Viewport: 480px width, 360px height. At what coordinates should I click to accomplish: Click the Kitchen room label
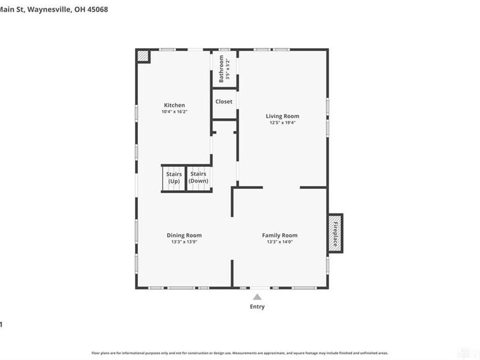[x=174, y=105]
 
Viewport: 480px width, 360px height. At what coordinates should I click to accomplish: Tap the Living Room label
[x=282, y=116]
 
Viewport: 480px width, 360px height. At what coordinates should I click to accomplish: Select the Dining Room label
[x=184, y=235]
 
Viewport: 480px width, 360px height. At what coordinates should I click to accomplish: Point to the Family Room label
[x=280, y=235]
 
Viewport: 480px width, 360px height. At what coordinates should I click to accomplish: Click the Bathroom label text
[x=221, y=69]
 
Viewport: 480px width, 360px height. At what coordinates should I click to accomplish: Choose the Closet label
[x=224, y=101]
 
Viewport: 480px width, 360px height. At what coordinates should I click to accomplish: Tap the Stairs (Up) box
[x=174, y=178]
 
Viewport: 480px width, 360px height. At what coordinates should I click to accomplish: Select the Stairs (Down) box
[x=199, y=178]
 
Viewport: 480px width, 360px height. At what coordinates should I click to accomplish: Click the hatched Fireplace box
[x=335, y=232]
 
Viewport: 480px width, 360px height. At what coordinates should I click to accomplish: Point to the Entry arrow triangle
[x=257, y=296]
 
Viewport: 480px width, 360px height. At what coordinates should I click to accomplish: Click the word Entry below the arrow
[x=257, y=307]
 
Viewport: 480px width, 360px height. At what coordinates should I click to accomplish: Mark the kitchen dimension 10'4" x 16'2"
[x=174, y=112]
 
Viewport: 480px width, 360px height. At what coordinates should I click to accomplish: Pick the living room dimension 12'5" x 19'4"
[x=282, y=122]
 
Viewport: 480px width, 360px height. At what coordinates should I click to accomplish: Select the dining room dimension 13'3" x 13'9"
[x=184, y=242]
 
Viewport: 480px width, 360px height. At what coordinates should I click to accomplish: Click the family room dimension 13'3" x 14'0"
[x=280, y=242]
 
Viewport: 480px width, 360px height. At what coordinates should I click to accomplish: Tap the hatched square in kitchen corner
[x=143, y=56]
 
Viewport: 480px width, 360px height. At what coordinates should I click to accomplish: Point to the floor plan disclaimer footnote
[x=240, y=353]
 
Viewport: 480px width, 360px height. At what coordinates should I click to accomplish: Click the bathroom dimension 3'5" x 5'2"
[x=228, y=69]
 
